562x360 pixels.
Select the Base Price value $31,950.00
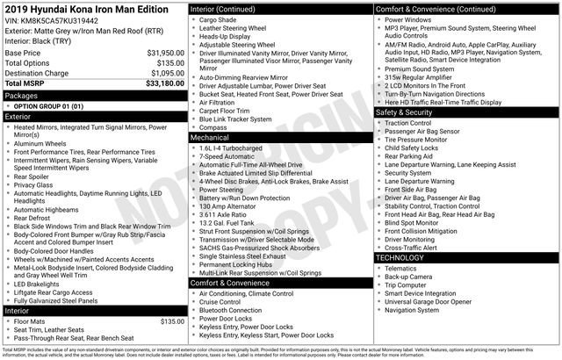(165, 53)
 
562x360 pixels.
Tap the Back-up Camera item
(408, 277)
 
